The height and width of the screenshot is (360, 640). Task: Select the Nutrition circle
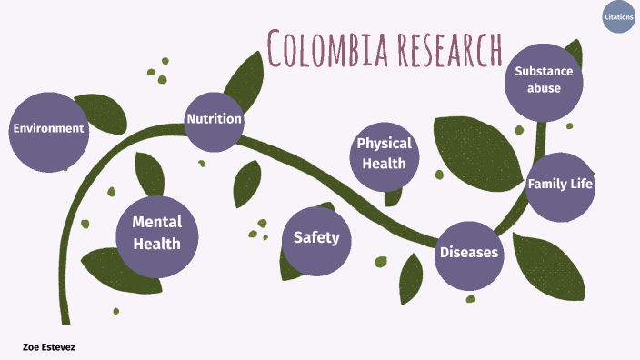coord(214,119)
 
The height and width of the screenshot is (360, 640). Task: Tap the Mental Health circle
coord(157,233)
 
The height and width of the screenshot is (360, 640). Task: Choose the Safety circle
coord(316,238)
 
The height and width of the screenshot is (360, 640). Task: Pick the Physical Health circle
coord(385,154)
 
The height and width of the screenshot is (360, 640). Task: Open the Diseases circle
coord(469,252)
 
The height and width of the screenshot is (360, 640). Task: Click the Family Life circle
coord(560,185)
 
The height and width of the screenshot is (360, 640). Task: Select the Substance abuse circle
coord(544,80)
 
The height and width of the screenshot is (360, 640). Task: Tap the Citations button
coord(618,17)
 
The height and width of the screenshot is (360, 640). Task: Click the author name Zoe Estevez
coord(49,346)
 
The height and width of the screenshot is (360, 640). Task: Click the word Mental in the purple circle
coord(157,222)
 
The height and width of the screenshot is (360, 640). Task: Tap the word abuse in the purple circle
coord(544,89)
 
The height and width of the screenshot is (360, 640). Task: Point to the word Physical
coord(385,144)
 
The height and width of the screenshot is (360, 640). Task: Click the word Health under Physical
coord(385,164)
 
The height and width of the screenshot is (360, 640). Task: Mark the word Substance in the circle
coord(544,71)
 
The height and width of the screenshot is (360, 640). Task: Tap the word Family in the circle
coord(547,185)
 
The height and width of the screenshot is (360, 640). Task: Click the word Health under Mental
coord(157,244)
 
